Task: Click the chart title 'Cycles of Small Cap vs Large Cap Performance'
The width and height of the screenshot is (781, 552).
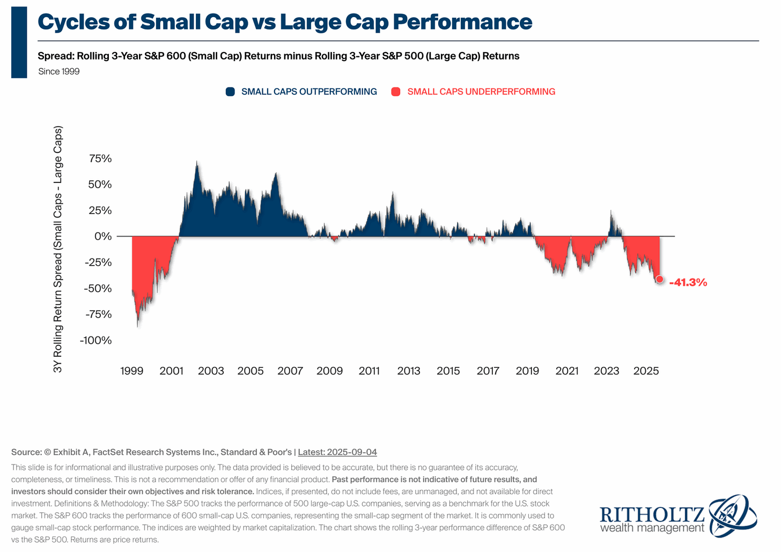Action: coord(285,23)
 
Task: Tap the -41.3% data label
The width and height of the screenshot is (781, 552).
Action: coord(688,283)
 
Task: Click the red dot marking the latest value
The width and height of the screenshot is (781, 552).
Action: coord(659,279)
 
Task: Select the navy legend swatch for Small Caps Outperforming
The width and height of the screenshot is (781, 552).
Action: coord(230,92)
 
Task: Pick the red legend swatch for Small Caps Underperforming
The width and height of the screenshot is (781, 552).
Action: coord(396,92)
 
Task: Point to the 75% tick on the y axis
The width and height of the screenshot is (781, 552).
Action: coord(100,159)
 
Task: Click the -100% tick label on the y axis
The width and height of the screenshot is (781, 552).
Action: coord(95,341)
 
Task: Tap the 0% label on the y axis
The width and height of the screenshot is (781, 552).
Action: coord(103,237)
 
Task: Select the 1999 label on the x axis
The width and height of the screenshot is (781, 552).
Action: coord(132,371)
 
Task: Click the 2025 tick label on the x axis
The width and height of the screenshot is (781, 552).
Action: coord(646,371)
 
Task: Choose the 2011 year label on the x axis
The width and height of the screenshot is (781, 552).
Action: coord(369,371)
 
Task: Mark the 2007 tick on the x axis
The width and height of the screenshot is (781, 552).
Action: coord(290,371)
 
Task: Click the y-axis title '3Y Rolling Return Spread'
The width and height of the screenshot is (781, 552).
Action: coord(58,249)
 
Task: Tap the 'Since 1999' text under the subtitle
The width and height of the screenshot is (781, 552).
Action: coord(59,71)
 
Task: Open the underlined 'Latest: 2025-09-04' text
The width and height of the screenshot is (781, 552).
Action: coord(337,452)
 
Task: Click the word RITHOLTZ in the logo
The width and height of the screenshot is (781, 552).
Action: coord(652,515)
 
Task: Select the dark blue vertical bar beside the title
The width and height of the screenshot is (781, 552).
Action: coord(19,42)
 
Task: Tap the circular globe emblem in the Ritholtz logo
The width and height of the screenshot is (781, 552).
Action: coord(732,516)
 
